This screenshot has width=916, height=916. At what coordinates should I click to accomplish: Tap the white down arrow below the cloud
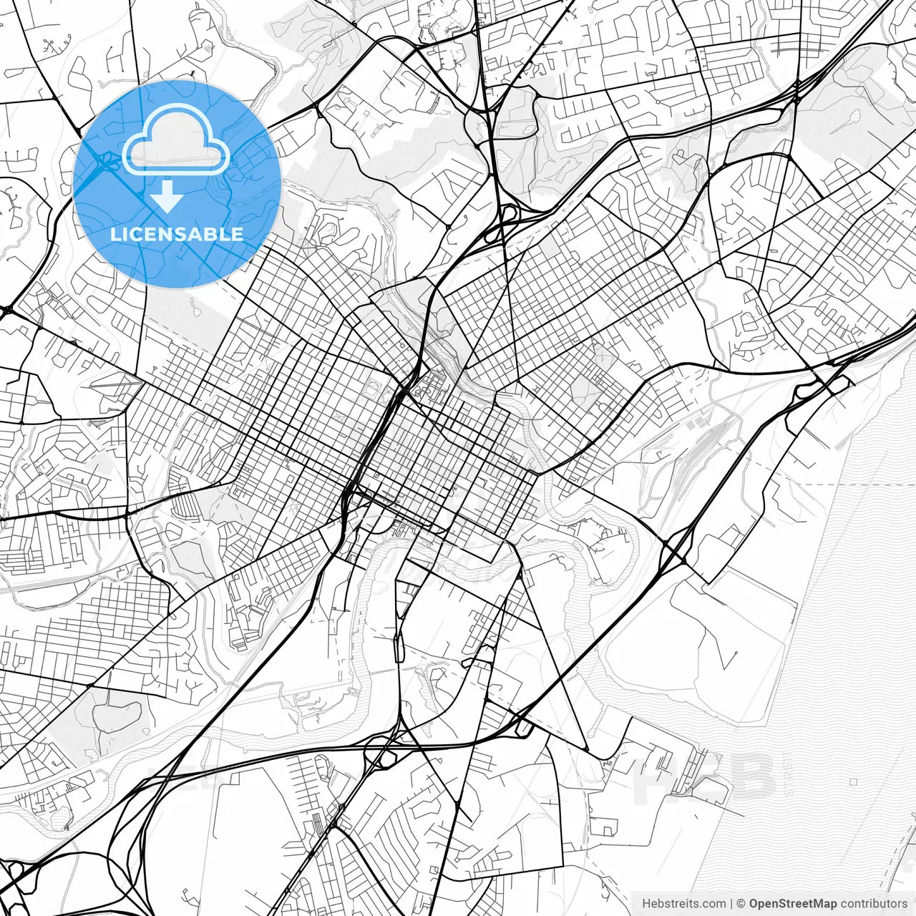pos(167,196)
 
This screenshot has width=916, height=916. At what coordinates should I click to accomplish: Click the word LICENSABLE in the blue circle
pos(177,234)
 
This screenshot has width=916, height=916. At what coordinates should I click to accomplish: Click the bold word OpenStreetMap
pos(793,904)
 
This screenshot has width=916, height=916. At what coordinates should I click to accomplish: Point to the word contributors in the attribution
pos(873,904)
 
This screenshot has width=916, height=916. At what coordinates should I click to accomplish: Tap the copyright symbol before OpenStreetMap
pos(741,904)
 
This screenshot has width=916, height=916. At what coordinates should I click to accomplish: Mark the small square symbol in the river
pos(853,782)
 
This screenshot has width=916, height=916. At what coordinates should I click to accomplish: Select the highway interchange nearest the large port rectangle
pos(673,551)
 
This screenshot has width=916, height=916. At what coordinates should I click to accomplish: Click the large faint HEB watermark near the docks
pos(705,780)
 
